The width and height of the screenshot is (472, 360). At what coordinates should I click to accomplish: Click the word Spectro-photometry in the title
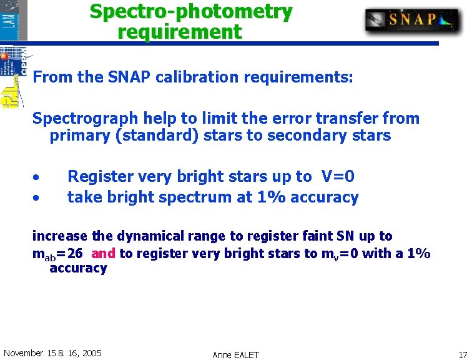click(190, 11)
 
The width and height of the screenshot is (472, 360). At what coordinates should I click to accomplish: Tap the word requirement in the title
click(179, 32)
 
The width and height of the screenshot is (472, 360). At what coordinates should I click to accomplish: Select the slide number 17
click(462, 354)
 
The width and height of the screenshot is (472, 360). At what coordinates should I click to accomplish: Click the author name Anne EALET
click(235, 355)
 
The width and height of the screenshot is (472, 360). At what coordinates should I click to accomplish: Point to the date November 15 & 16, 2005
click(52, 353)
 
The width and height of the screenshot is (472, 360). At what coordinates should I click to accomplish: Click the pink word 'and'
click(103, 253)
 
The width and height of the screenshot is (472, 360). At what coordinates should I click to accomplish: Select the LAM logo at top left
click(14, 20)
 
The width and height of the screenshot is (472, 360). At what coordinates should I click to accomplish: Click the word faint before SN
click(317, 236)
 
